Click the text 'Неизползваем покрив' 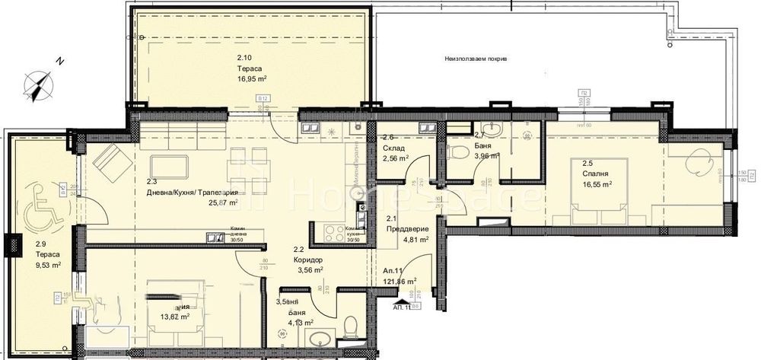(476, 59)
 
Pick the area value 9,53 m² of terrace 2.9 (47, 266)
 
